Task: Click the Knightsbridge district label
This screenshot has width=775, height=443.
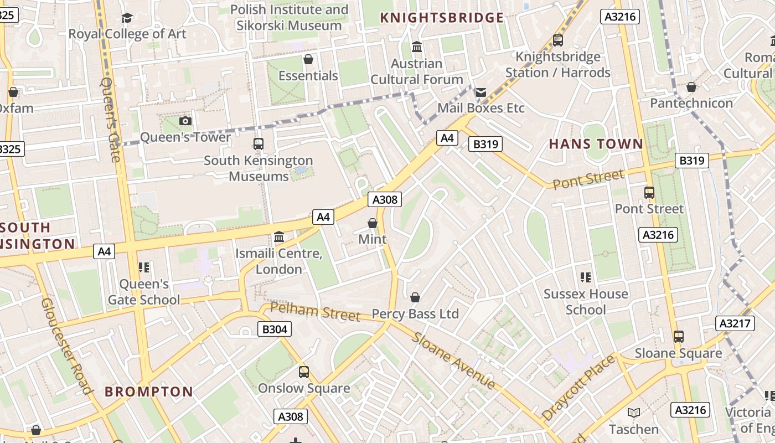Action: pyautogui.click(x=442, y=18)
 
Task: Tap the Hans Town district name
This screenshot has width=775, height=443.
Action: pyautogui.click(x=596, y=145)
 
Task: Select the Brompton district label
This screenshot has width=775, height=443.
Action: pyautogui.click(x=149, y=392)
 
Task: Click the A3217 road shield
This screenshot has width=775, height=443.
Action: pyautogui.click(x=735, y=323)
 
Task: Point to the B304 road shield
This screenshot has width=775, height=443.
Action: pyautogui.click(x=275, y=329)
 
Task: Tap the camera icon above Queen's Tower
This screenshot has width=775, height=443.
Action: pyautogui.click(x=185, y=121)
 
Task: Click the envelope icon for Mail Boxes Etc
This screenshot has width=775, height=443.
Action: pyautogui.click(x=480, y=92)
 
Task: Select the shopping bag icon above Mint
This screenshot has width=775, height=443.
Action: pyautogui.click(x=373, y=223)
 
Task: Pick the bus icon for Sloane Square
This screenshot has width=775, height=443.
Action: pyautogui.click(x=678, y=337)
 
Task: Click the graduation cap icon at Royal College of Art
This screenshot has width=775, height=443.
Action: pyautogui.click(x=127, y=18)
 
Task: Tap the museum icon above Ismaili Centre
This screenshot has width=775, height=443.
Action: pyautogui.click(x=279, y=238)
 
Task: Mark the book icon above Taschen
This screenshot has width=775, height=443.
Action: pyautogui.click(x=634, y=413)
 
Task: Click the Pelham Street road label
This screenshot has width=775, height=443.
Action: pyautogui.click(x=315, y=311)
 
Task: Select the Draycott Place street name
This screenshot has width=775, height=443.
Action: pyautogui.click(x=578, y=388)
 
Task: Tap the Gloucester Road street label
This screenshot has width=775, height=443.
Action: pyautogui.click(x=66, y=346)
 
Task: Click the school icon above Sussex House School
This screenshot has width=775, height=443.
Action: pyautogui.click(x=586, y=277)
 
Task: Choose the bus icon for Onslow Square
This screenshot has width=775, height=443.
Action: pyautogui.click(x=304, y=372)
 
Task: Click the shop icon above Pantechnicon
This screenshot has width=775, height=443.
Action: pyautogui.click(x=691, y=87)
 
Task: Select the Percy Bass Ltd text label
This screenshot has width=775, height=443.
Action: pyautogui.click(x=415, y=314)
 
